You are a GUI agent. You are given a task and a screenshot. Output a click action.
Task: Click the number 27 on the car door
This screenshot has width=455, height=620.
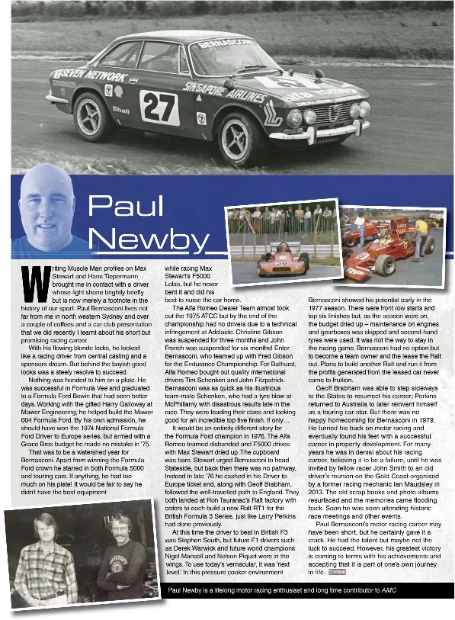[x=159, y=108]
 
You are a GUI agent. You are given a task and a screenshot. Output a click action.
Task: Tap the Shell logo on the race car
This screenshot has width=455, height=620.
[x=120, y=110]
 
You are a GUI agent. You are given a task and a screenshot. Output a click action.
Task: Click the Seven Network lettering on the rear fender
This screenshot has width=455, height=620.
[x=90, y=75]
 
